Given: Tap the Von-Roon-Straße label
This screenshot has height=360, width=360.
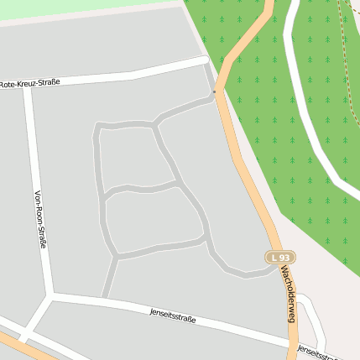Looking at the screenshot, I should tap(39, 220).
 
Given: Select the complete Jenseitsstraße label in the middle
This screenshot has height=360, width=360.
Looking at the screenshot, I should tap(173, 316).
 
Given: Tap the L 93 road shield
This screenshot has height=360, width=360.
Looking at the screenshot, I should tap(281, 258).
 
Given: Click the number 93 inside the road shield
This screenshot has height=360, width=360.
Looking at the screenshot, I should tap(285, 258).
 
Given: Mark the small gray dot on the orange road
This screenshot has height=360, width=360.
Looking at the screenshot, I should tap(215, 91).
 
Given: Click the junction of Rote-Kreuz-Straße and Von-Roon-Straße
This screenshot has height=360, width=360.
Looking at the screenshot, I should tap(28, 86).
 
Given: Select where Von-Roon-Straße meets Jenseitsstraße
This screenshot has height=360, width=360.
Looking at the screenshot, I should tap(51, 295).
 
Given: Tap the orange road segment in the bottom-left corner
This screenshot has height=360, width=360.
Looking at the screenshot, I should tap(17, 344).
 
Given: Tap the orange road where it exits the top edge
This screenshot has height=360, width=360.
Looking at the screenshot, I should tap(269, 4).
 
